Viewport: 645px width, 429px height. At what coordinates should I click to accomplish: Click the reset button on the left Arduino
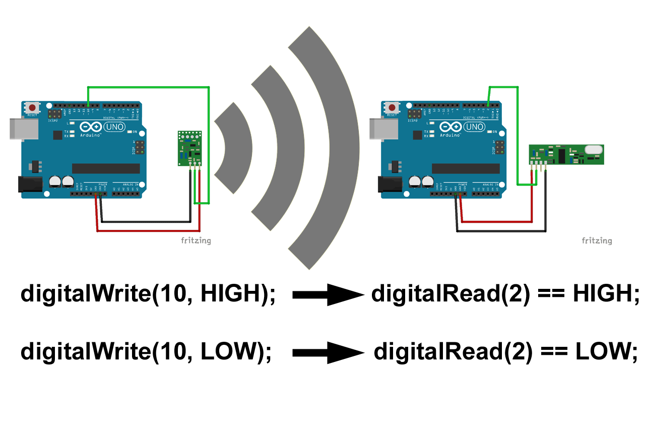pos(33,108)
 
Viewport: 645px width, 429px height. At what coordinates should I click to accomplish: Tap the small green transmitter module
pos(189,148)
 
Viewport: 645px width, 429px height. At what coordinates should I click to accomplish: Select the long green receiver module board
pos(566,154)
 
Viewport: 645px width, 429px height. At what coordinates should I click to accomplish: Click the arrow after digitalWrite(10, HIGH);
pos(328,295)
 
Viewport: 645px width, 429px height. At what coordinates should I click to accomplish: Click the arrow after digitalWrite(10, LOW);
pos(328,352)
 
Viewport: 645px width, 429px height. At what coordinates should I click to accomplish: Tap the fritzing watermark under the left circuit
pos(196,240)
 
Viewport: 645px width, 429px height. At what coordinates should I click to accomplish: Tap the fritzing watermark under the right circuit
pos(597,240)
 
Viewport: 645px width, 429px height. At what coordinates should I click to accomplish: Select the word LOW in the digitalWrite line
pos(229,351)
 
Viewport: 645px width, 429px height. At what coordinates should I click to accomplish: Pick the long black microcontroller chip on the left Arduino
pos(106,168)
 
